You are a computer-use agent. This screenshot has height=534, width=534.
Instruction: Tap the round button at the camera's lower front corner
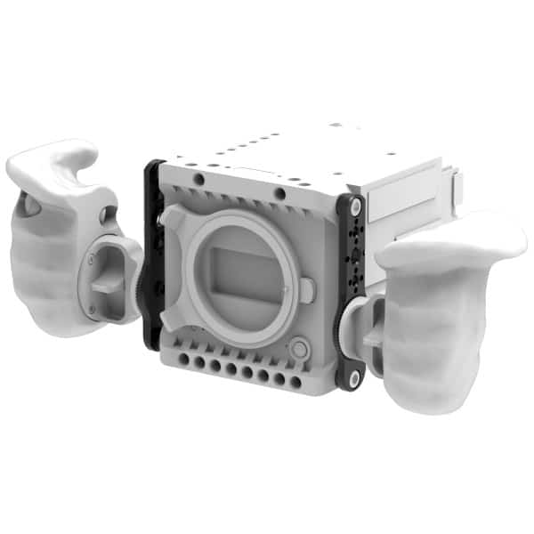click(299, 347)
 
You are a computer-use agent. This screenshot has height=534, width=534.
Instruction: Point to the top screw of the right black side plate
click(355, 206)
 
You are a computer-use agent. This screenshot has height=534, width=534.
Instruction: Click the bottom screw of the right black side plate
click(354, 379)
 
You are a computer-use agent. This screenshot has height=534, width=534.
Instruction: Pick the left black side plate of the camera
click(152, 258)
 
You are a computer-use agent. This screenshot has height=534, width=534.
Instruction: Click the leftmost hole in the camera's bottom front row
click(183, 360)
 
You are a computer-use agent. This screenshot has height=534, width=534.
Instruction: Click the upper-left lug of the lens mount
click(174, 218)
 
